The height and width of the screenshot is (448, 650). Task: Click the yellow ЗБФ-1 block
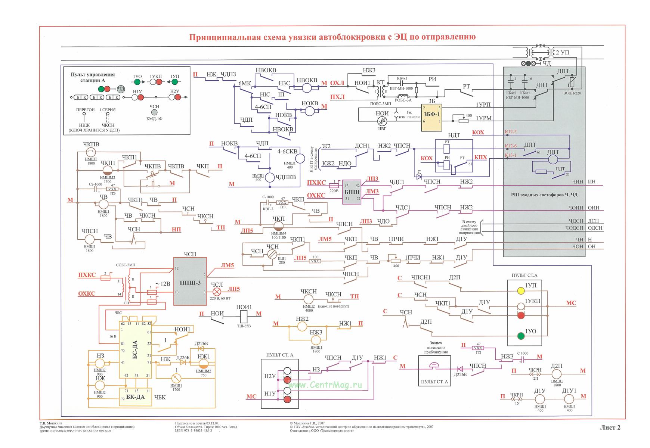point(431,117)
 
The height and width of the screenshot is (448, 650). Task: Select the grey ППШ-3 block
point(190,281)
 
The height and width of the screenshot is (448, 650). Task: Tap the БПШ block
point(352,192)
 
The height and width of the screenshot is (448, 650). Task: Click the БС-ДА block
point(135,349)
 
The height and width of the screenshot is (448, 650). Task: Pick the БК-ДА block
point(135,397)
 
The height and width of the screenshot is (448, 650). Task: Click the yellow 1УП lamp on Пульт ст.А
point(521,290)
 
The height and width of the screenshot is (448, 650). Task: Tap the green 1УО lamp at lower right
point(521,336)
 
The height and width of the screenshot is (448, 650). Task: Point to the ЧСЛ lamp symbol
point(217,292)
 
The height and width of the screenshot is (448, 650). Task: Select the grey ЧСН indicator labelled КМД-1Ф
point(154,112)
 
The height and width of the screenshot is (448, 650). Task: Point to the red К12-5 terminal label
point(510,132)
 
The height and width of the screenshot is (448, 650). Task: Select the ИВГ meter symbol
point(382,121)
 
